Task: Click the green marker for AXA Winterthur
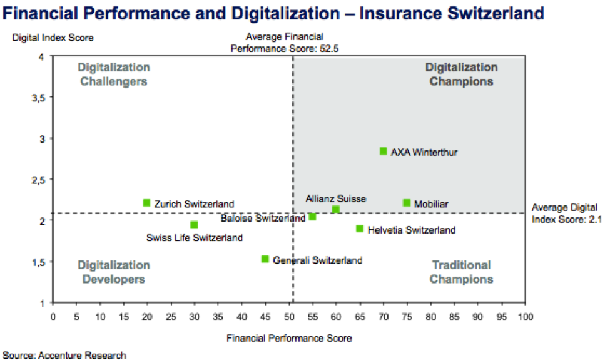tap(384, 151)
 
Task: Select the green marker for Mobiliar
tap(407, 203)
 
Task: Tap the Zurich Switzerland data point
tap(146, 203)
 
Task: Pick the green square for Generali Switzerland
tap(265, 259)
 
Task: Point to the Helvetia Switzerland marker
tap(360, 229)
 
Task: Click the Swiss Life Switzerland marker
tap(194, 225)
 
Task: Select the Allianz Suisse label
tap(336, 198)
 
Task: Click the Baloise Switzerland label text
tap(263, 219)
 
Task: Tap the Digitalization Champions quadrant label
tap(462, 75)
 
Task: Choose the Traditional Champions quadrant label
tap(462, 272)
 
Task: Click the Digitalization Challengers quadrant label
tap(114, 75)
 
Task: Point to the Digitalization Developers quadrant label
tap(114, 272)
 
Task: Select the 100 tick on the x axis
tap(525, 316)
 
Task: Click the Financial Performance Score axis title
tap(289, 338)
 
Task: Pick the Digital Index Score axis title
tap(53, 38)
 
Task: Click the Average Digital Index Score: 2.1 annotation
tap(564, 212)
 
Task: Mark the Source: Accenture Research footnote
tap(64, 355)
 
